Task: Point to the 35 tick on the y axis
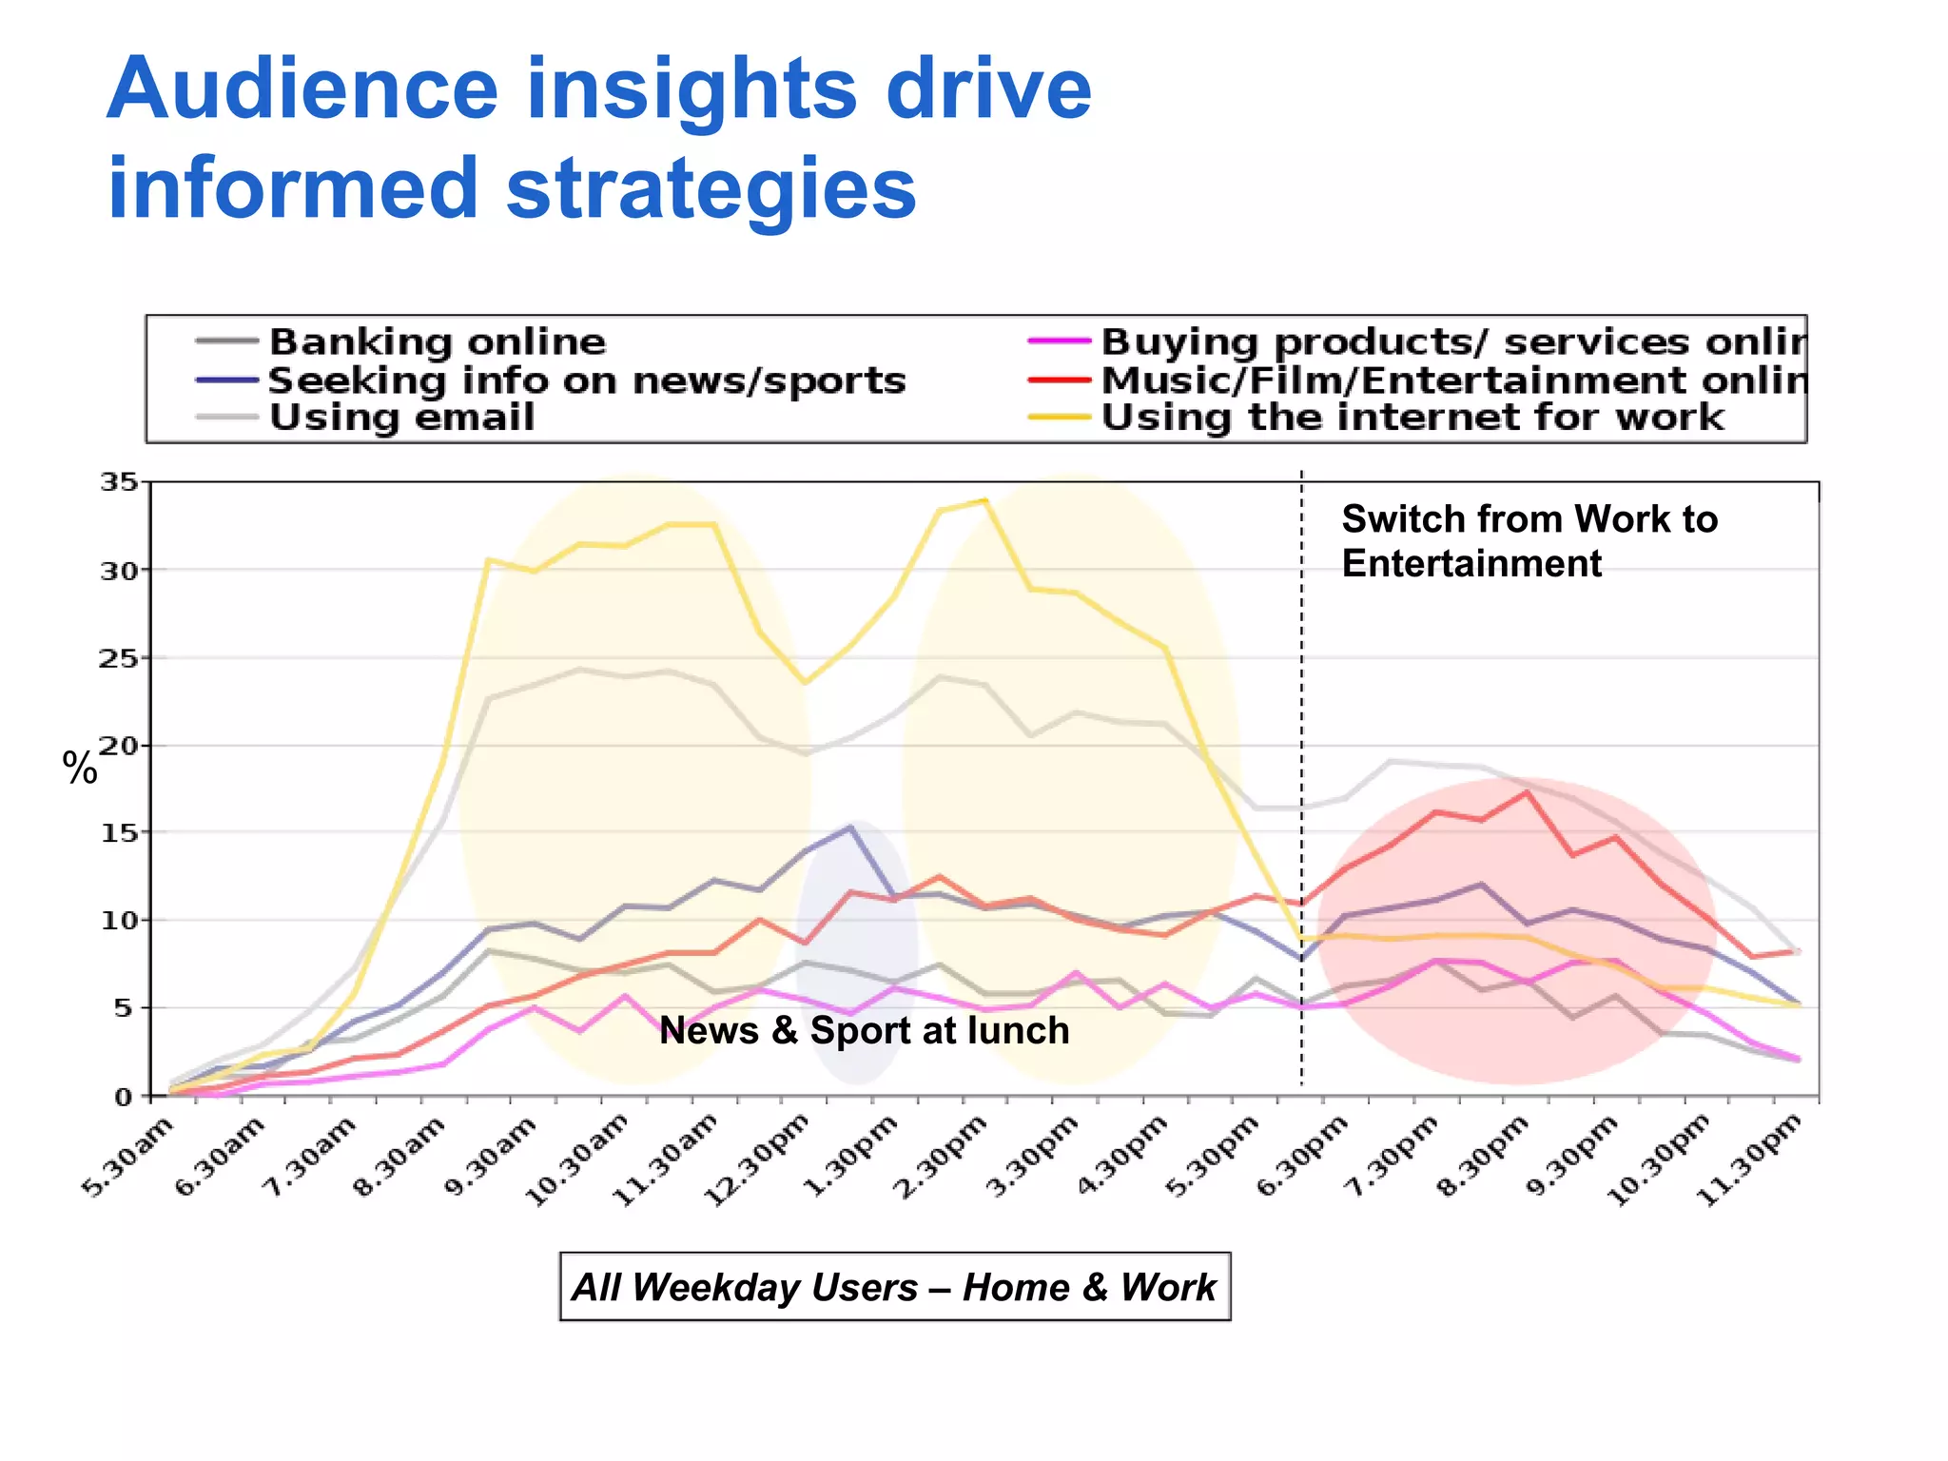pyautogui.click(x=120, y=482)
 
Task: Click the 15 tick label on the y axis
pyautogui.click(x=120, y=832)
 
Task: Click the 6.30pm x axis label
pyautogui.click(x=1303, y=1159)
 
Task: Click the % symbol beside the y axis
pyautogui.click(x=80, y=769)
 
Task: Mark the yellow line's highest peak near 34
pyautogui.click(x=985, y=500)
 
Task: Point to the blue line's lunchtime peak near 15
pyautogui.click(x=850, y=826)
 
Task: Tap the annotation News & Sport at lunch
pyautogui.click(x=864, y=1030)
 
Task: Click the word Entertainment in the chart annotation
pyautogui.click(x=1471, y=563)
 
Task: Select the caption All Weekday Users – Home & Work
pyautogui.click(x=894, y=1287)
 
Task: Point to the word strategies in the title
pyautogui.click(x=711, y=188)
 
